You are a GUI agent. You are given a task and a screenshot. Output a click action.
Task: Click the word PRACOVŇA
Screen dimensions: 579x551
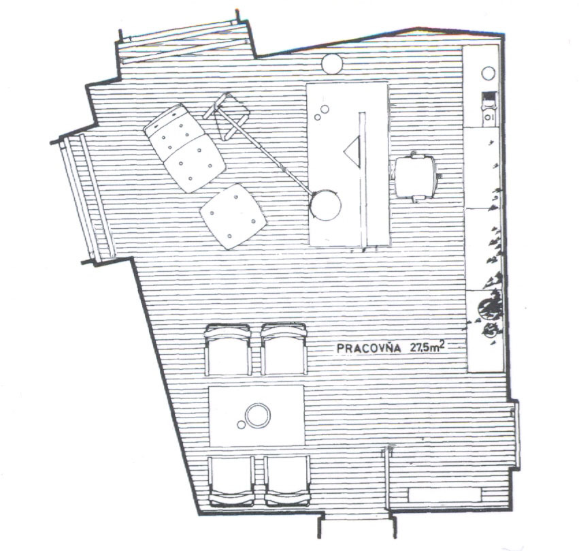[x=369, y=348]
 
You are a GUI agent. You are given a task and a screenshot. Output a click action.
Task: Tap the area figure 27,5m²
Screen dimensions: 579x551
[x=427, y=347]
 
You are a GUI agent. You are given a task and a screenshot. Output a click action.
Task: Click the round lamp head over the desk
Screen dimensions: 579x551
[x=325, y=205]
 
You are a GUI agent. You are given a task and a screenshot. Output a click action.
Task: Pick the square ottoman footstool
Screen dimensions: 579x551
[x=233, y=216]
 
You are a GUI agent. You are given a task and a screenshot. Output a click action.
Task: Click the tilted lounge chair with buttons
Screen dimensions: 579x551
[x=184, y=148]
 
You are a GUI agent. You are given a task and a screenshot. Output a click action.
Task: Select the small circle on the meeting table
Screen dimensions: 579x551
[x=241, y=425]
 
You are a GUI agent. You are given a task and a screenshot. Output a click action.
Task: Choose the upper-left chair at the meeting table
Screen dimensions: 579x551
[x=228, y=349]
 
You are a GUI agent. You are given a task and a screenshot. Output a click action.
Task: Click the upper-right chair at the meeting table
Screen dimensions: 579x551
[x=284, y=349]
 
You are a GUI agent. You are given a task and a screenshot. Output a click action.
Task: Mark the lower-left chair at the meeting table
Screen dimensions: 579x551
[x=231, y=480]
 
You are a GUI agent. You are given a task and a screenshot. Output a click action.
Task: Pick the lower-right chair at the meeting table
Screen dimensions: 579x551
[x=287, y=480]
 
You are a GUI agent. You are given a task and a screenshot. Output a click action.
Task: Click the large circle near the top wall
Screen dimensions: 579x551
[x=332, y=64]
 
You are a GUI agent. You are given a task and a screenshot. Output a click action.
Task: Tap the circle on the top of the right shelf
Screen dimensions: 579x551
[x=488, y=73]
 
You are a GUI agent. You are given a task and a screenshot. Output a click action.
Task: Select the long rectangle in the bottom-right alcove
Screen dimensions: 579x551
[x=444, y=494]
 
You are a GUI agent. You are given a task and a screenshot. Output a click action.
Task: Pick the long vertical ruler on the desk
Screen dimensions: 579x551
[x=362, y=179]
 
